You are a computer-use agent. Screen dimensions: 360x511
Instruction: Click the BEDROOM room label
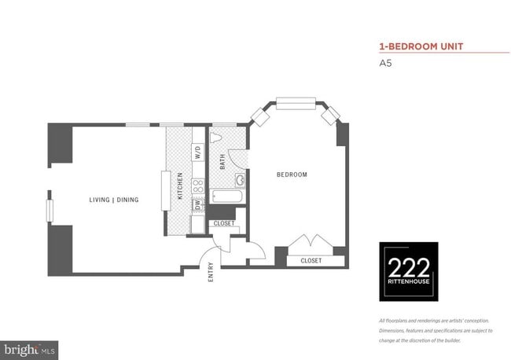291,174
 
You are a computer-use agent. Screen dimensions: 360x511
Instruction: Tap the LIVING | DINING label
113,200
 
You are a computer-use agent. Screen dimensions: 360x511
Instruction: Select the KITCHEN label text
180,186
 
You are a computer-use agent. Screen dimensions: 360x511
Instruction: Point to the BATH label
223,162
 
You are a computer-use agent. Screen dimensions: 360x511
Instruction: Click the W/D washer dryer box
198,152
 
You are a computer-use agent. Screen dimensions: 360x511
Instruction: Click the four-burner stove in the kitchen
198,187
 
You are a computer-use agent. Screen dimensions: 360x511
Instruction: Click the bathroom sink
240,179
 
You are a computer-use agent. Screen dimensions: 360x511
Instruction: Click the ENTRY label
211,271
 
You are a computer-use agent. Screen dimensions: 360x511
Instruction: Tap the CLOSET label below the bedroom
311,260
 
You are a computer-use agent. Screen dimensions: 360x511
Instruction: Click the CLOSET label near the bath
224,223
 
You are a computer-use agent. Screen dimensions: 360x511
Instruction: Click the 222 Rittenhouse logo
409,271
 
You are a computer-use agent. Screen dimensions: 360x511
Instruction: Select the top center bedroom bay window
296,102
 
